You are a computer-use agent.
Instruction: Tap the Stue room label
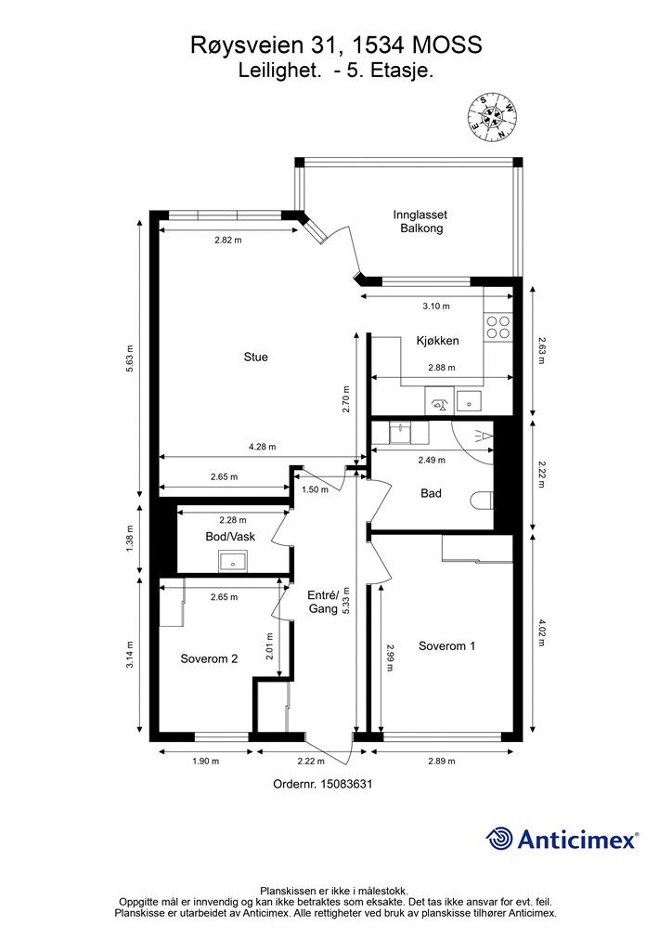pyautogui.click(x=255, y=358)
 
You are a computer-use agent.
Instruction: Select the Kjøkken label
pyautogui.click(x=437, y=341)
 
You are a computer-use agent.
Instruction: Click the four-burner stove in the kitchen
pyautogui.click(x=498, y=327)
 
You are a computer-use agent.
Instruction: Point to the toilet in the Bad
pyautogui.click(x=482, y=501)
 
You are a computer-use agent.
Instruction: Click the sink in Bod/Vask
pyautogui.click(x=233, y=562)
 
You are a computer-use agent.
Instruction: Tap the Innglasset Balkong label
pyautogui.click(x=420, y=221)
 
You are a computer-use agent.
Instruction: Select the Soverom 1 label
pyautogui.click(x=446, y=646)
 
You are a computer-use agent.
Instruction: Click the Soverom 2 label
pyautogui.click(x=209, y=658)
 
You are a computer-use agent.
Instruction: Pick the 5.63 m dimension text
pyautogui.click(x=129, y=358)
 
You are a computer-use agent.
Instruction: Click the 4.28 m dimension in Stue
pyautogui.click(x=263, y=447)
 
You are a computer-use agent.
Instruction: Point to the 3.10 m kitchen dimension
pyautogui.click(x=436, y=306)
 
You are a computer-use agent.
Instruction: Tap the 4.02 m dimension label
pyautogui.click(x=541, y=632)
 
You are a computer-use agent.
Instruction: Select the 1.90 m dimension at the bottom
pyautogui.click(x=205, y=762)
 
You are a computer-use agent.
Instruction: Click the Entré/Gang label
pyautogui.click(x=322, y=602)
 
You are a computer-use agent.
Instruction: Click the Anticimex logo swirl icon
pyautogui.click(x=499, y=839)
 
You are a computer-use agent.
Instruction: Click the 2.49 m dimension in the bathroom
pyautogui.click(x=432, y=461)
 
